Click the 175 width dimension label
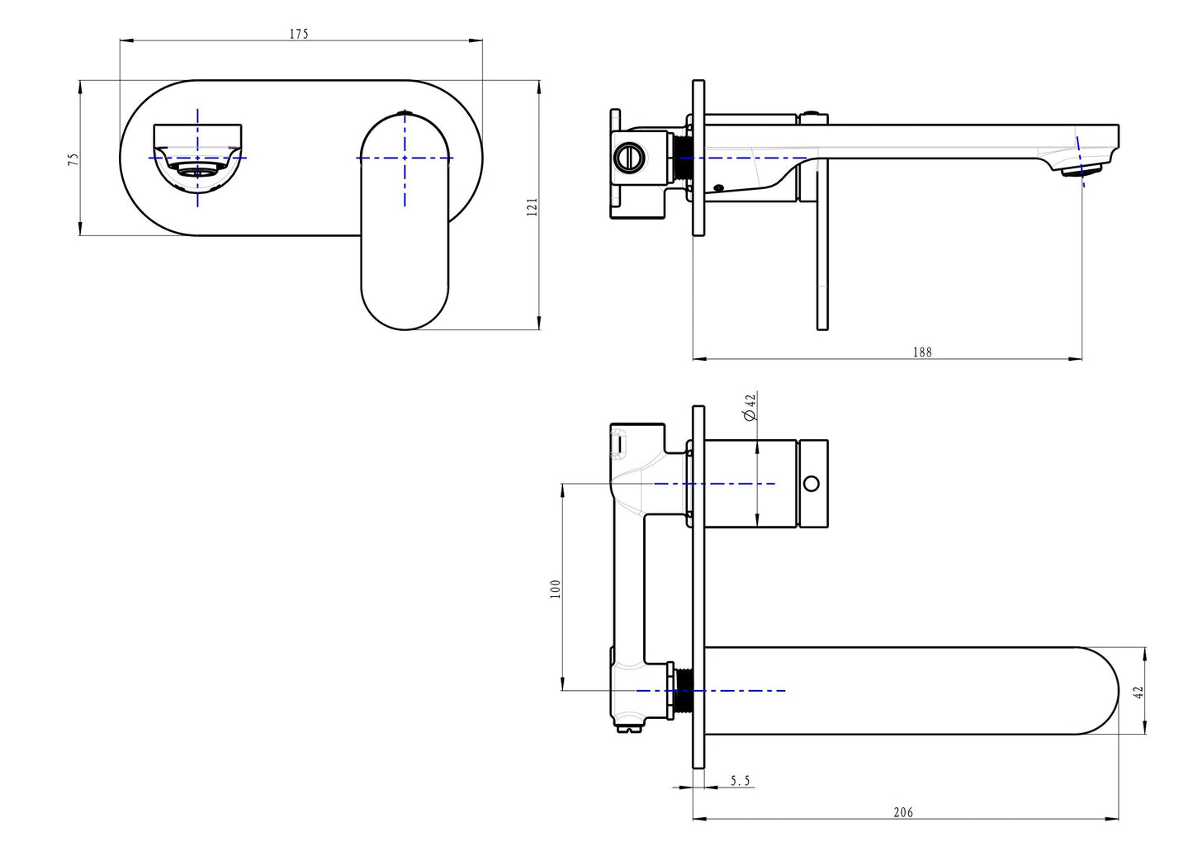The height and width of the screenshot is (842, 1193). pyautogui.click(x=299, y=34)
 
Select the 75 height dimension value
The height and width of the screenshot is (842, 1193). pyautogui.click(x=73, y=158)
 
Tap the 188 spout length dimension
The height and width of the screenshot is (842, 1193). pyautogui.click(x=922, y=352)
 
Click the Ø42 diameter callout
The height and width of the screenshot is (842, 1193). pyautogui.click(x=750, y=408)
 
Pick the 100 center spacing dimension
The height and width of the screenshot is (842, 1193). pyautogui.click(x=556, y=588)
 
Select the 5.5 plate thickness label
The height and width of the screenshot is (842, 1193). pyautogui.click(x=741, y=780)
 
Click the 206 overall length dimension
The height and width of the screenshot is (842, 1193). pyautogui.click(x=903, y=812)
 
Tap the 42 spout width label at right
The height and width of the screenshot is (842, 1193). pyautogui.click(x=1139, y=692)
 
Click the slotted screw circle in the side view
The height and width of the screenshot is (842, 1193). pyautogui.click(x=630, y=157)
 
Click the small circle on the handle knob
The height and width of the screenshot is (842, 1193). pyautogui.click(x=812, y=483)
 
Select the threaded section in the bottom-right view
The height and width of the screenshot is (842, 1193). pyautogui.click(x=683, y=690)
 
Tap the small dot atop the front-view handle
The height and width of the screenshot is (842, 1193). pyautogui.click(x=404, y=112)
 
